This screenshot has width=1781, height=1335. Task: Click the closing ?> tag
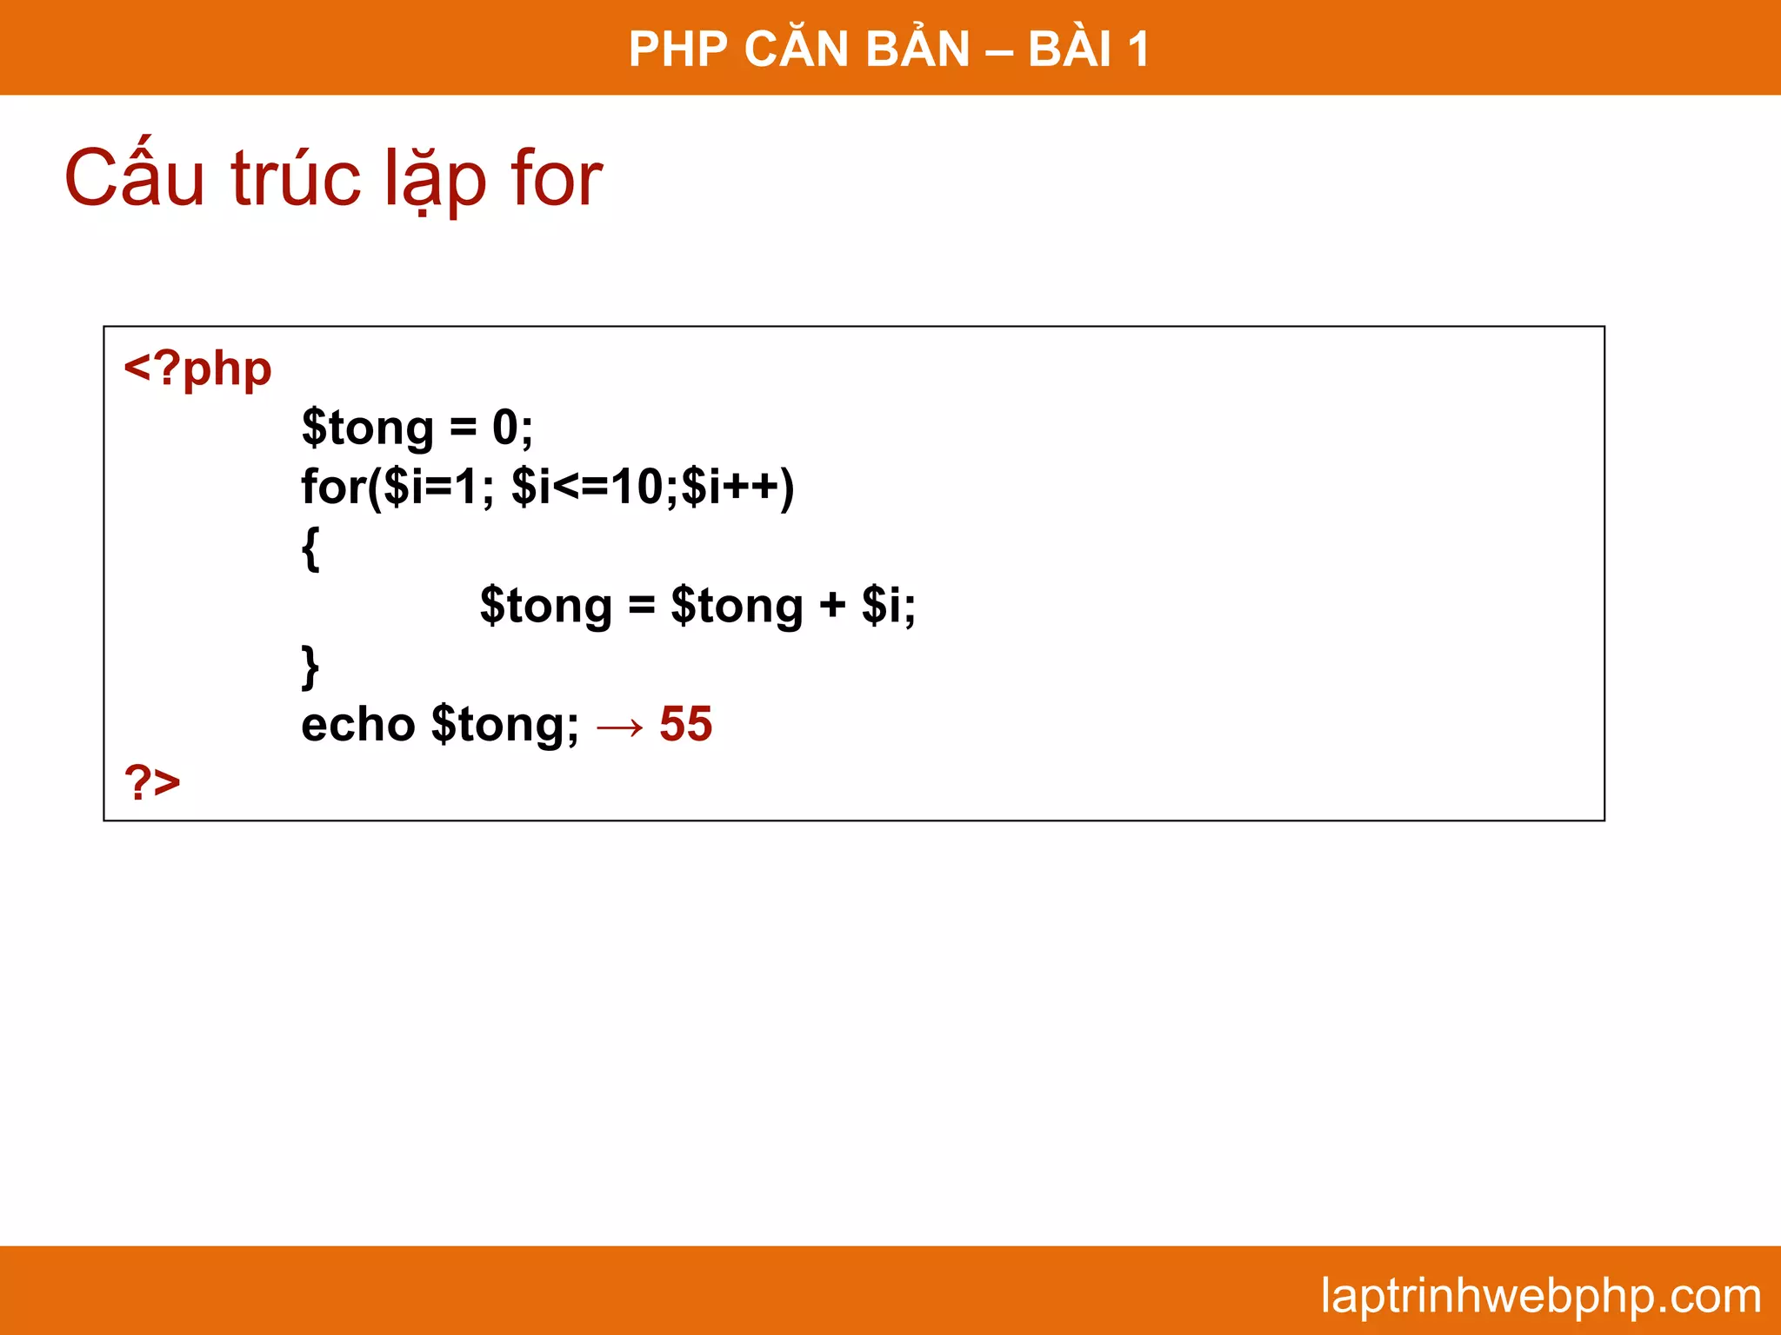tap(152, 782)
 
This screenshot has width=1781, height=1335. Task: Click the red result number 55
tap(685, 724)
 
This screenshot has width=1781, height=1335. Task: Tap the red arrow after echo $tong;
tap(620, 727)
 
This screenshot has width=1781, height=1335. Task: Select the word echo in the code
tap(357, 725)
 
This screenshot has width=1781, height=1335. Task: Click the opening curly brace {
tap(310, 548)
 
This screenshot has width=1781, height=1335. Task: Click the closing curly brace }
tap(310, 667)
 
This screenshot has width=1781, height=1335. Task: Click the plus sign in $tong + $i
tap(832, 605)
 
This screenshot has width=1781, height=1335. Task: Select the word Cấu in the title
tap(135, 179)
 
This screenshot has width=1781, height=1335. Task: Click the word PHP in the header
tap(678, 49)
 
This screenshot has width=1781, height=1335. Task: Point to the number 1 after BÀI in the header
tap(1138, 49)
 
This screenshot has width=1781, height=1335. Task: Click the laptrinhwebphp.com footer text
tap(1540, 1296)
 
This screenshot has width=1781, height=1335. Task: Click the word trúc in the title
tap(296, 179)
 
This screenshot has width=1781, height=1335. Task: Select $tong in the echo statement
tap(504, 725)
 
